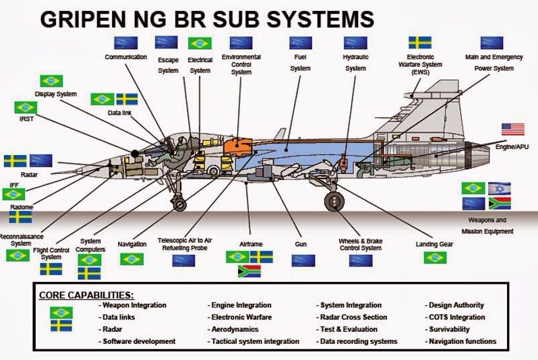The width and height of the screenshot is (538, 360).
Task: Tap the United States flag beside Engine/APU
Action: (x=512, y=129)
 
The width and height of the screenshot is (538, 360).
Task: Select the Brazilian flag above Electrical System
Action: (x=200, y=43)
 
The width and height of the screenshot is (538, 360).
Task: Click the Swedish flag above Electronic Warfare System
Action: (x=421, y=42)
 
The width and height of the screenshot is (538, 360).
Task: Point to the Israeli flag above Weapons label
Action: (x=500, y=188)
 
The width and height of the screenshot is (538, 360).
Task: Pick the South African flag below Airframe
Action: (x=249, y=272)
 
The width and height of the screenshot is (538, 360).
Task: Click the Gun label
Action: (x=301, y=243)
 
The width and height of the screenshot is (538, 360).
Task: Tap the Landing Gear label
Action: (x=435, y=243)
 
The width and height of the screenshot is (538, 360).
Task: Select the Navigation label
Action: (x=131, y=243)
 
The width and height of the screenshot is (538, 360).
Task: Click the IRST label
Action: (x=25, y=119)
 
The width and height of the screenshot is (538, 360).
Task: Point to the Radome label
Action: (x=21, y=207)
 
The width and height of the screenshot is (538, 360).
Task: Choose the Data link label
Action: (x=119, y=113)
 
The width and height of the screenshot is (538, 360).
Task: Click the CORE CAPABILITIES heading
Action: (x=86, y=295)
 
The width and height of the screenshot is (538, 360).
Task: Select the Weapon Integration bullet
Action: (x=134, y=305)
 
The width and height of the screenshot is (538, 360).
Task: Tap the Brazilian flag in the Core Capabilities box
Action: (x=61, y=311)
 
